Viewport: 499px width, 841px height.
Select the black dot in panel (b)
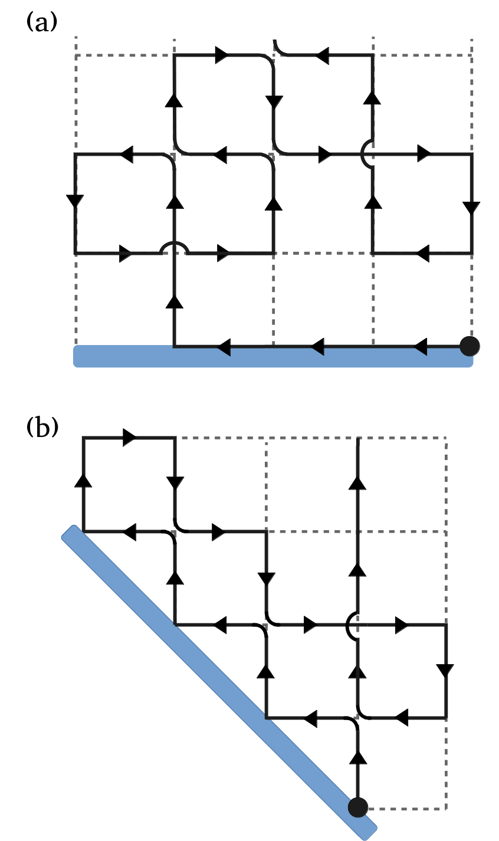pos(358,806)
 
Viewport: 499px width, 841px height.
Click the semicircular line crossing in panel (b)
pos(351,625)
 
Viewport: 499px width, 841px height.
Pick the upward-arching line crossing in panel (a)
pos(175,248)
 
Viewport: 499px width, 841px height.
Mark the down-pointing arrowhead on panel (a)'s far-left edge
pos(75,201)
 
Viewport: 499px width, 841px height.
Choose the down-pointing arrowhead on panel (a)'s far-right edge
pos(471,208)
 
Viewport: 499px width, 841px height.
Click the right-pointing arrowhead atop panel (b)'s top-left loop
pos(129,438)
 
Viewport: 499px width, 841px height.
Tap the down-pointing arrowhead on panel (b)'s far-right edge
pos(445,671)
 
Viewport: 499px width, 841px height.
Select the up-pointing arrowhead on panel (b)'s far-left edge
pos(84,480)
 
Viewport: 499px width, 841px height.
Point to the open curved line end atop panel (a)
pos(276,43)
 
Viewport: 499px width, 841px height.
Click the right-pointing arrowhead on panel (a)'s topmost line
pos(221,55)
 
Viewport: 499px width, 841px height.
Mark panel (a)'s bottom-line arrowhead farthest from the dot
pos(223,349)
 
